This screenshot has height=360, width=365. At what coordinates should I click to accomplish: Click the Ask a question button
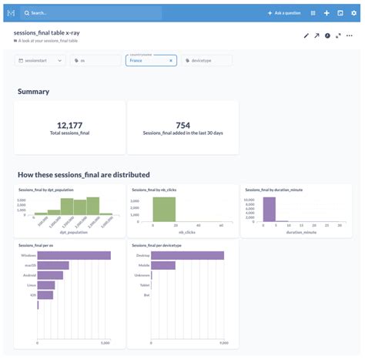point(284,13)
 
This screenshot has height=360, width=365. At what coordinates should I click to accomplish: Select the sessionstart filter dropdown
point(41,60)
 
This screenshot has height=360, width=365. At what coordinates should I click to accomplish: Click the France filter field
point(151,60)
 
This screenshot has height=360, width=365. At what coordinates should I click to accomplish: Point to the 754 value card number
point(182,125)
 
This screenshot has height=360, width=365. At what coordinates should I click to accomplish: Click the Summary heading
point(34,92)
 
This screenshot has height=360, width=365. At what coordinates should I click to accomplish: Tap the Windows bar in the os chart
point(74,255)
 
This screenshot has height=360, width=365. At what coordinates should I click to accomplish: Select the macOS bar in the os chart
point(53,265)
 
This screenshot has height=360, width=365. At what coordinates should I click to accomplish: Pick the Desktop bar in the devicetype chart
point(187,255)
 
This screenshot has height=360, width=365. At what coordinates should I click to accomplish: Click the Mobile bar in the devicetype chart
point(163,265)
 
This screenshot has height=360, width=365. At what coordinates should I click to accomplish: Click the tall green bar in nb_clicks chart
point(164,210)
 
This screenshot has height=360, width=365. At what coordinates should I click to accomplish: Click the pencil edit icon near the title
point(306,35)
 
